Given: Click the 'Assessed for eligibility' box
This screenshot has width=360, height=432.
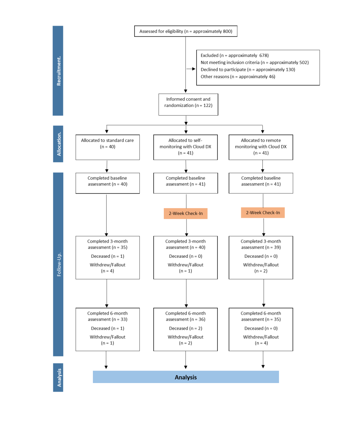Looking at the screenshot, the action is pyautogui.click(x=186, y=31).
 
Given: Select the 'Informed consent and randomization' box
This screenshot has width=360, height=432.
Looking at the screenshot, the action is pyautogui.click(x=188, y=104).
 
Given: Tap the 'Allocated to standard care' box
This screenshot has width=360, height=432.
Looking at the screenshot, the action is pyautogui.click(x=108, y=147).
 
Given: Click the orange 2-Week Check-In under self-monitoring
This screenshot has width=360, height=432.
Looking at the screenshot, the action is pyautogui.click(x=186, y=213).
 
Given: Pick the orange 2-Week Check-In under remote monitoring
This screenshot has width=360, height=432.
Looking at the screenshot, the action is pyautogui.click(x=263, y=213).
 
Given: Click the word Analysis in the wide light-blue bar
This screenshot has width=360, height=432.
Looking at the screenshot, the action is pyautogui.click(x=186, y=377).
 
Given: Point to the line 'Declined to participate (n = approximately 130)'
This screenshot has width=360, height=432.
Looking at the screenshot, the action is pyautogui.click(x=248, y=69).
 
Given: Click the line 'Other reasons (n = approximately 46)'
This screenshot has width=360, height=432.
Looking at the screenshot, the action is pyautogui.click(x=238, y=77).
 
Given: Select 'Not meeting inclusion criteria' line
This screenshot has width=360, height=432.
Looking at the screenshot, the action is pyautogui.click(x=230, y=63).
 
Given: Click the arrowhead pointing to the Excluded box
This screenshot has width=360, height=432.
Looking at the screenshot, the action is pyautogui.click(x=194, y=69).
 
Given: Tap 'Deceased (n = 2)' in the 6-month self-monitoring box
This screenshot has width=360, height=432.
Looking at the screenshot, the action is pyautogui.click(x=186, y=328).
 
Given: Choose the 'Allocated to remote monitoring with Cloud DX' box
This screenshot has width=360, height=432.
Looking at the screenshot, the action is pyautogui.click(x=261, y=147).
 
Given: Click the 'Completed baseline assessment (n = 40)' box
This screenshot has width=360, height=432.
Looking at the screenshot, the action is pyautogui.click(x=108, y=183).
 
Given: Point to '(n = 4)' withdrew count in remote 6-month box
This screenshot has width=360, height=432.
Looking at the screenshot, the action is pyautogui.click(x=261, y=343).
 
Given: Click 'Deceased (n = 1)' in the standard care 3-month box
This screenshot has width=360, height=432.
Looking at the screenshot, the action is pyautogui.click(x=108, y=256).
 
